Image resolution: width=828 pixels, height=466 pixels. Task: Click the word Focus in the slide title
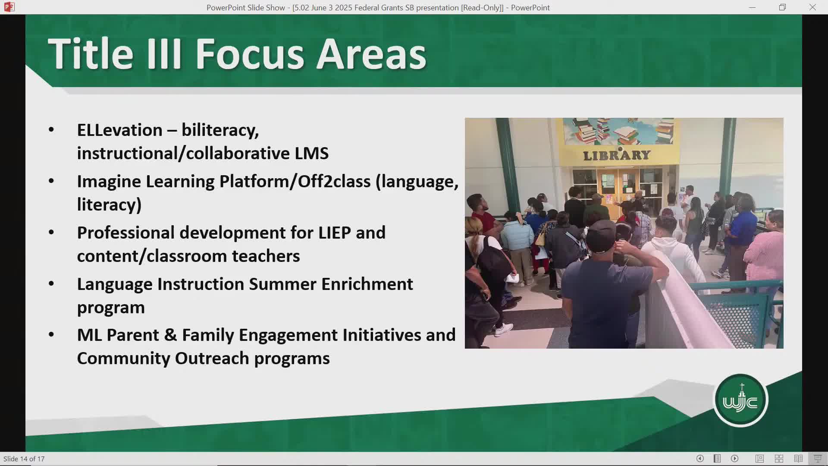pos(250,54)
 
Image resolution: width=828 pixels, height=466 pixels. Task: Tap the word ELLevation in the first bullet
pos(120,130)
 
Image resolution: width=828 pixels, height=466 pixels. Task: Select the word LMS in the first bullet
pos(312,153)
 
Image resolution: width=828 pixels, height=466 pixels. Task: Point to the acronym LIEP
pos(335,233)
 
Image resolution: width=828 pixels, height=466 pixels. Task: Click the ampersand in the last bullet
pos(171,335)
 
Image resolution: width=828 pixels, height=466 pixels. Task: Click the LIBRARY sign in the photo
pos(617,155)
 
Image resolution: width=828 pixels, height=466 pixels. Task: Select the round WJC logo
pos(740,400)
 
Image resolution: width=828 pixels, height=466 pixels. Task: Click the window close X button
pos(812,7)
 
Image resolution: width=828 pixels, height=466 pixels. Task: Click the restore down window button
pos(782,7)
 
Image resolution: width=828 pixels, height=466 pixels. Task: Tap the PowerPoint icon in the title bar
pos(9,7)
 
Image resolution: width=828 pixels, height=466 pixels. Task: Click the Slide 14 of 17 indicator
pos(24,459)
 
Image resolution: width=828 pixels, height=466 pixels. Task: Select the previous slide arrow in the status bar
pos(700,459)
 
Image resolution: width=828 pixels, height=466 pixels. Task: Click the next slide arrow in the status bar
pos(735,459)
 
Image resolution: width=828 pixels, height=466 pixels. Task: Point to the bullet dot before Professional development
pos(51,233)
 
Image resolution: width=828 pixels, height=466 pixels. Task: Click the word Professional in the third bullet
pos(126,233)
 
